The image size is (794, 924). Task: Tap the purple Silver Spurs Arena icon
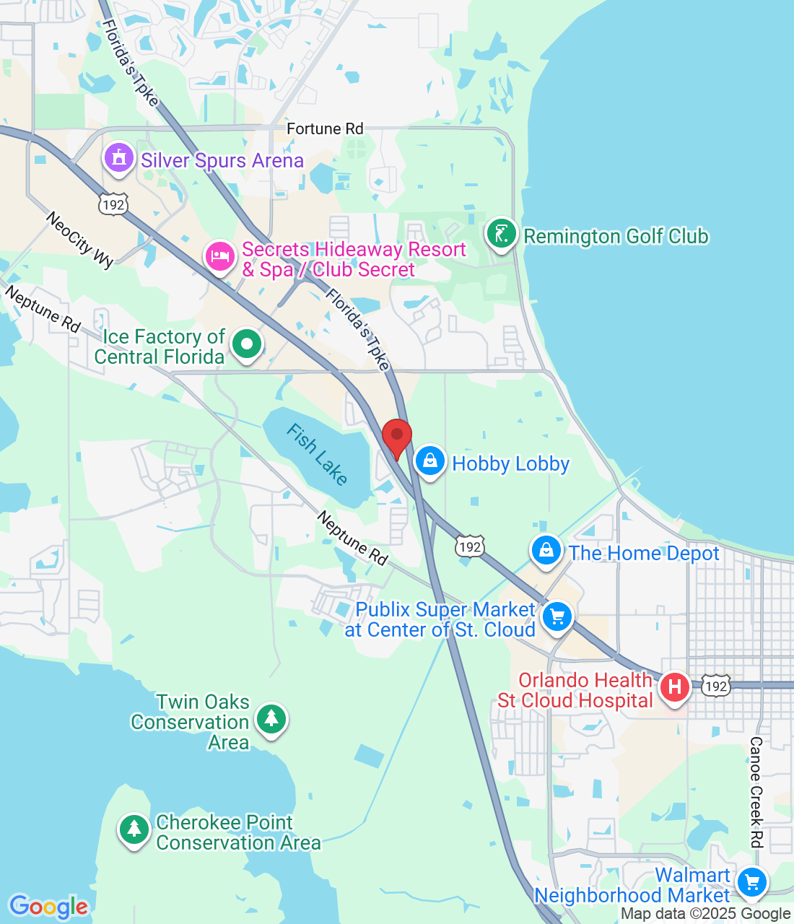(119, 157)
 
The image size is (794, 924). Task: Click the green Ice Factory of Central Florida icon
(247, 344)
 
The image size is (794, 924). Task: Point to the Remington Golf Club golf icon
(501, 234)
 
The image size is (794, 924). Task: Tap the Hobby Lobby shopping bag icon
(430, 461)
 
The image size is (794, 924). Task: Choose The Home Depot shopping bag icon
(546, 551)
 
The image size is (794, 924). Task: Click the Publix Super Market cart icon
(557, 617)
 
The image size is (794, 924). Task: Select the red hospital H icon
(675, 687)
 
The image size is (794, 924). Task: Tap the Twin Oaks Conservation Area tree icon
(271, 718)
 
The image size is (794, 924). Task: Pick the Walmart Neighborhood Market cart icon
(752, 881)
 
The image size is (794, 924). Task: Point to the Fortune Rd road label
(325, 129)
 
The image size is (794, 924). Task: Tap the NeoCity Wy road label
(80, 240)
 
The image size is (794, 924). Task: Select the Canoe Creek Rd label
(756, 792)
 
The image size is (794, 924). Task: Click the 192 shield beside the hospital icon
(715, 686)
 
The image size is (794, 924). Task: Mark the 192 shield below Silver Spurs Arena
(113, 205)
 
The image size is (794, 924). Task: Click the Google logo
(48, 907)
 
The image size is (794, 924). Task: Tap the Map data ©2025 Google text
(705, 914)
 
